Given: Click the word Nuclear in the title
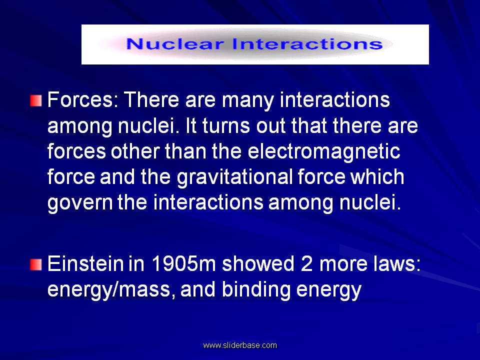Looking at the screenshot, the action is (175, 44).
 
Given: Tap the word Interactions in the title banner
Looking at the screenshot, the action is (307, 44).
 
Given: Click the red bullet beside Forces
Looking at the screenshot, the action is (36, 100).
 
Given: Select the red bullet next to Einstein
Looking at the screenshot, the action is (36, 264).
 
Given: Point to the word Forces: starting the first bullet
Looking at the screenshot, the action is (83, 100).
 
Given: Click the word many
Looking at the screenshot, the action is (247, 100).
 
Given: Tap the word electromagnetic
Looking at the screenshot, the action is (324, 152).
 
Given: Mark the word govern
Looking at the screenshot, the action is (80, 203).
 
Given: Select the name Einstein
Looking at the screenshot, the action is (85, 263).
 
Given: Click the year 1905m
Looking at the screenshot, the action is (184, 263).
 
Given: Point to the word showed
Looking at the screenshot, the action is (258, 263).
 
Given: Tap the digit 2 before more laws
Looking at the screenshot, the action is (306, 263).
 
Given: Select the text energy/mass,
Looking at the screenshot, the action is (111, 290).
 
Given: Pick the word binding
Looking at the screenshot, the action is (256, 290).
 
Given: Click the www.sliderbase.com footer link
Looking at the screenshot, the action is (240, 345).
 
